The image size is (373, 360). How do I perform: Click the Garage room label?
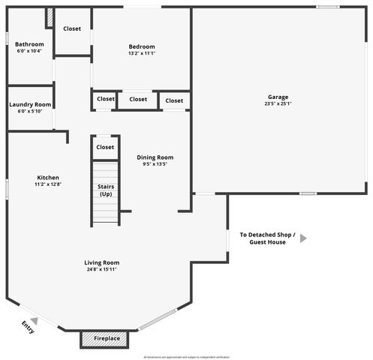[x=278, y=97]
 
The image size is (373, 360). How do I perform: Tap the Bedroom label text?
[x=141, y=45]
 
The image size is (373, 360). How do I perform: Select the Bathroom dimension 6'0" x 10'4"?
[x=30, y=52]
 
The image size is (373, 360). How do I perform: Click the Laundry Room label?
[x=30, y=104]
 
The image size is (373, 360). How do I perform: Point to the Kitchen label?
[x=48, y=178]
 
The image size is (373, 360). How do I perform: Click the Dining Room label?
[x=155, y=157]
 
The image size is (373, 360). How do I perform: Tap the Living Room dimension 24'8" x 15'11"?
[x=103, y=269]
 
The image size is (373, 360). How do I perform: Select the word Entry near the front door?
[x=28, y=327]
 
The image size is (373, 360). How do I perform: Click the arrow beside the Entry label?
[x=34, y=320]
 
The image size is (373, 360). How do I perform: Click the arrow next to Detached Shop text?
[x=303, y=238]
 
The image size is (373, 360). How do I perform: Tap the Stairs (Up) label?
[x=105, y=190]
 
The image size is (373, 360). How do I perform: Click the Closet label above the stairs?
[x=105, y=147]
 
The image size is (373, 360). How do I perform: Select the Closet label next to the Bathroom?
[x=72, y=28]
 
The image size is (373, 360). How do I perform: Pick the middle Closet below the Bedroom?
[x=138, y=99]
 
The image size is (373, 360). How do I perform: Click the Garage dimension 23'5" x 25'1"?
[x=278, y=104]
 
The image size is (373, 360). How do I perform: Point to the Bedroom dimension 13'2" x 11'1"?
[x=141, y=52]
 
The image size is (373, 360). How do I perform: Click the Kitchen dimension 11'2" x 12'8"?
[x=48, y=184]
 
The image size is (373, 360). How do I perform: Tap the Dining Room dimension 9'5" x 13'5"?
[x=155, y=164]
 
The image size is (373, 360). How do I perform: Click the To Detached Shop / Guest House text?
[x=267, y=238]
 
